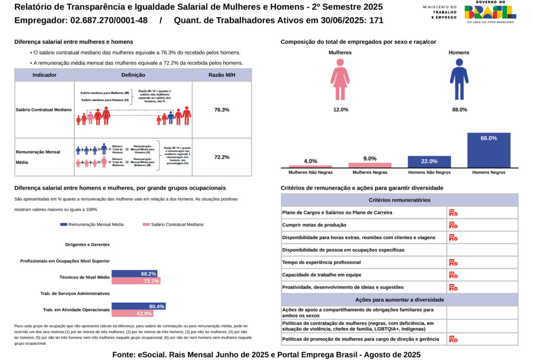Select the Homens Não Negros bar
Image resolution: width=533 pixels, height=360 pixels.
click(x=429, y=162)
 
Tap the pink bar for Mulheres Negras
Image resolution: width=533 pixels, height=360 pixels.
click(x=370, y=165)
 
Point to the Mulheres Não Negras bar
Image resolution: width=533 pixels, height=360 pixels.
click(x=310, y=166)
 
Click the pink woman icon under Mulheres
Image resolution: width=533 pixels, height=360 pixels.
click(x=340, y=79)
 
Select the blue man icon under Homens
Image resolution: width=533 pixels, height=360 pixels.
click(x=459, y=79)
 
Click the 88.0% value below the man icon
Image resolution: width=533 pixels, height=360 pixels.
click(x=459, y=110)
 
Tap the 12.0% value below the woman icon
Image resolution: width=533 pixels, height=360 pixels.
click(x=340, y=110)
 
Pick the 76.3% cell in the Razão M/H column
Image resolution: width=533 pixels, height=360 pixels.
click(x=222, y=109)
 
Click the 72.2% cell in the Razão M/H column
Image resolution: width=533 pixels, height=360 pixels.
click(x=222, y=157)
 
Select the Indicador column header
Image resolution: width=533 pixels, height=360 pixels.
click(x=44, y=75)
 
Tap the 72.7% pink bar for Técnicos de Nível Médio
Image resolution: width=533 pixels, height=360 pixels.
click(x=136, y=281)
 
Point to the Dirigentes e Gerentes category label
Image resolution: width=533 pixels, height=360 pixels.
click(x=87, y=244)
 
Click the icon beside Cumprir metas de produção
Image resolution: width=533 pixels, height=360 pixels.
click(x=453, y=225)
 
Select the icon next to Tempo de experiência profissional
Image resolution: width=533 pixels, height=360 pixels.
click(x=453, y=263)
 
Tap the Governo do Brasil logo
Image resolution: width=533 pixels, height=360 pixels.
click(x=490, y=11)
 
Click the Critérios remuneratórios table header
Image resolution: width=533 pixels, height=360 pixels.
click(x=399, y=200)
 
